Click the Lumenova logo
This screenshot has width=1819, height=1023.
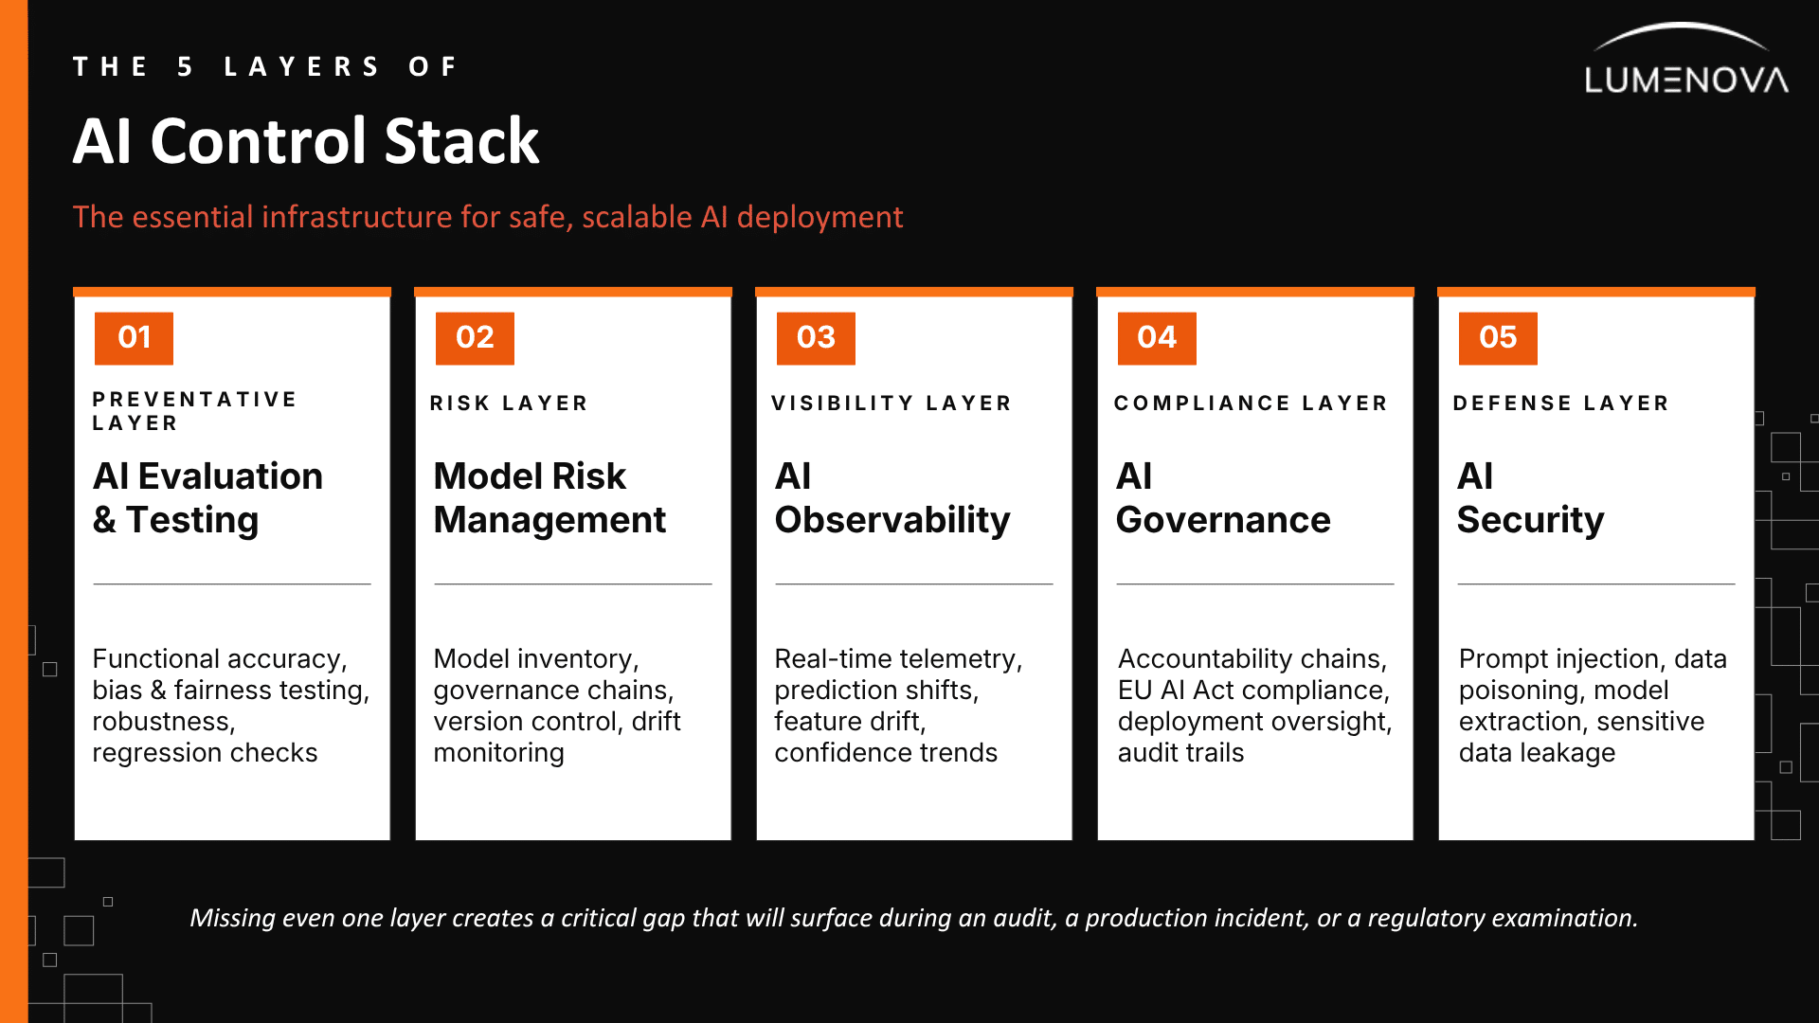1686,59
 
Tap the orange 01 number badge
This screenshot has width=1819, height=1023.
134,338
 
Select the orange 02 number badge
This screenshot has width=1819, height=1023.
475,338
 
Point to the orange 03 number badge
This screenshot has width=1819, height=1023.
816,338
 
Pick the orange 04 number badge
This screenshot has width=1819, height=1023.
1157,338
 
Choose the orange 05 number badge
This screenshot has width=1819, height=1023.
1498,338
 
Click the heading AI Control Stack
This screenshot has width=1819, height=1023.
306,141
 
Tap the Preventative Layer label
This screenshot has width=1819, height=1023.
194,411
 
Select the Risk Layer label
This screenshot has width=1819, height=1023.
509,404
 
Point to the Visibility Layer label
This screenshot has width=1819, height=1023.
891,404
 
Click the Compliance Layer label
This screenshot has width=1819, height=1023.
1251,404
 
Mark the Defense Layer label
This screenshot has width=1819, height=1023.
1560,404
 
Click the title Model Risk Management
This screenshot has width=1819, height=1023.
549,497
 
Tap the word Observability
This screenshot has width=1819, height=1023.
892,521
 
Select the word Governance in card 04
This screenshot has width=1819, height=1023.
1223,520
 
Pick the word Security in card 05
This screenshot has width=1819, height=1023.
1530,521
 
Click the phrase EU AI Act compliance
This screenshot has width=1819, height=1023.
1253,691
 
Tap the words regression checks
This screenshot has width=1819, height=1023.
205,753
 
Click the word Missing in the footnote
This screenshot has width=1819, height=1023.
232,918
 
